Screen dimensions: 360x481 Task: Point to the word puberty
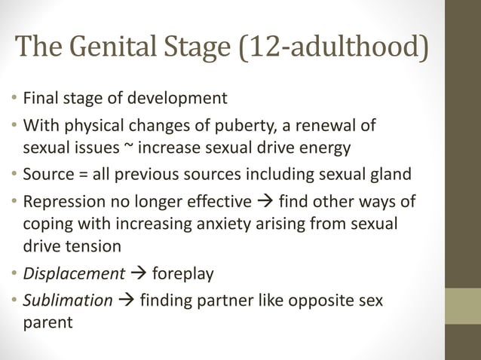245,124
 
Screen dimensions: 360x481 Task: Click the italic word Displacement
73,273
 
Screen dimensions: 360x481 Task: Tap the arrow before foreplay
138,273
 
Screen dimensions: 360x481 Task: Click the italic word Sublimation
67,300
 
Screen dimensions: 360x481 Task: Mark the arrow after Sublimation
125,300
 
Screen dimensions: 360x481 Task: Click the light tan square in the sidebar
461,305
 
